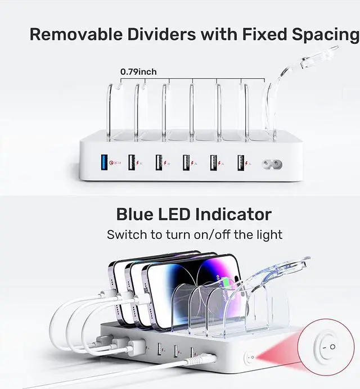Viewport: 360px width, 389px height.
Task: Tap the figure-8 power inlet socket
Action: (x=272, y=164)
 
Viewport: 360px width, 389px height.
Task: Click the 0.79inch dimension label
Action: (x=138, y=71)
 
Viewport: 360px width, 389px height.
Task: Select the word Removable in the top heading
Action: (x=76, y=34)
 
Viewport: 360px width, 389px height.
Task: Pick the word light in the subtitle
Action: (x=268, y=234)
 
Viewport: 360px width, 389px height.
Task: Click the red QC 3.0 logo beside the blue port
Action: (x=116, y=164)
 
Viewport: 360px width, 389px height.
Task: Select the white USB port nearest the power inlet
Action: (x=241, y=163)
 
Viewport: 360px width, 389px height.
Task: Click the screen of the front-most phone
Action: (x=186, y=292)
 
